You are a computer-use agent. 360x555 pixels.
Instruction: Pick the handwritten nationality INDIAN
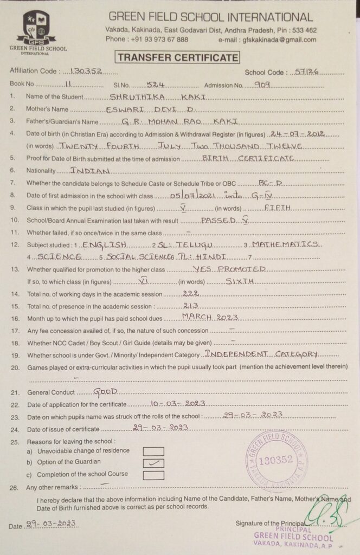90,171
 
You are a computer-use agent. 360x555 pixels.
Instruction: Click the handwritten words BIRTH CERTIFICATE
248,158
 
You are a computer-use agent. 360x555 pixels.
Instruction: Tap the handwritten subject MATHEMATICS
285,244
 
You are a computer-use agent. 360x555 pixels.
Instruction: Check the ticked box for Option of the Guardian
153,463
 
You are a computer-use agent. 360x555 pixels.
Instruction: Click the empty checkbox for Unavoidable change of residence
153,451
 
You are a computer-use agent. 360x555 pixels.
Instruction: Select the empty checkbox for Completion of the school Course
153,475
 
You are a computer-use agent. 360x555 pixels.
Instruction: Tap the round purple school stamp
276,460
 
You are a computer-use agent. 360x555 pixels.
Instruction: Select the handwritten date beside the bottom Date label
52,524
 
